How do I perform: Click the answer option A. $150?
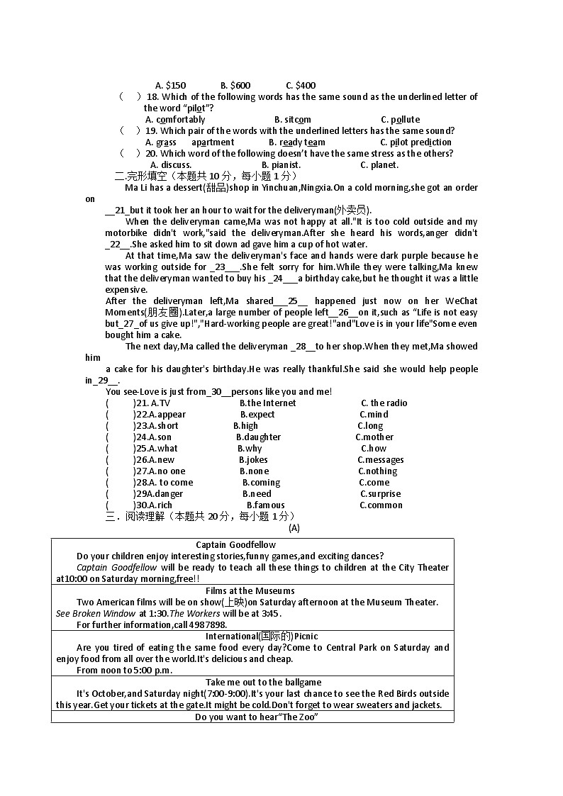click(x=170, y=86)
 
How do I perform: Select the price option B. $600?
click(x=235, y=86)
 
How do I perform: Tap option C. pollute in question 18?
click(x=400, y=120)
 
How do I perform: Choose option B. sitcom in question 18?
click(x=292, y=120)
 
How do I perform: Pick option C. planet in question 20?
click(x=379, y=165)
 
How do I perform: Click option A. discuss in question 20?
click(x=171, y=165)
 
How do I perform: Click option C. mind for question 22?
click(x=374, y=415)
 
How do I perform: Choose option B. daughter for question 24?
click(x=258, y=437)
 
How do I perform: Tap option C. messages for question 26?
click(x=380, y=460)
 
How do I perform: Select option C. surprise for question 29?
click(x=380, y=494)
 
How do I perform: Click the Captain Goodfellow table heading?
click(x=236, y=545)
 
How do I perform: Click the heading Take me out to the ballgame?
click(x=253, y=683)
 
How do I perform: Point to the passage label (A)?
click(x=294, y=528)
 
